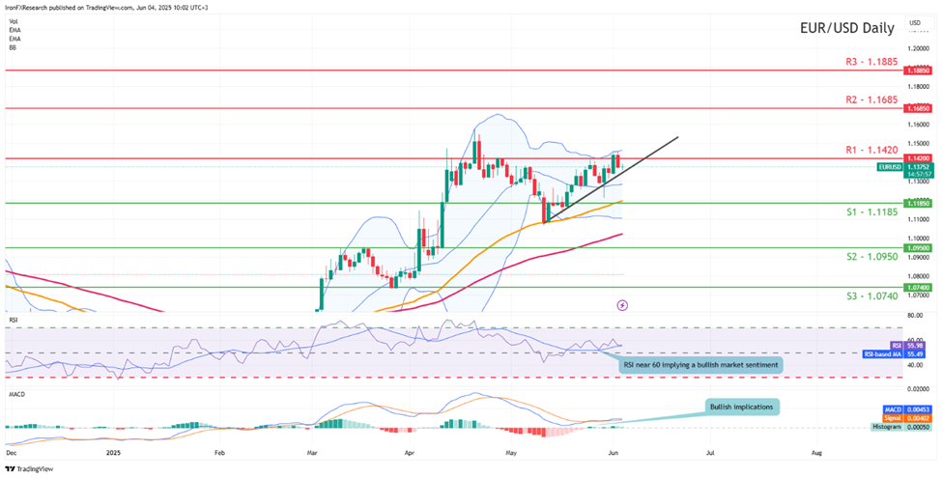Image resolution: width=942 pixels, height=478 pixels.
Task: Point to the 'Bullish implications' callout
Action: (x=740, y=407)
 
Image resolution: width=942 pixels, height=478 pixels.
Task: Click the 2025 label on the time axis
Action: (x=114, y=451)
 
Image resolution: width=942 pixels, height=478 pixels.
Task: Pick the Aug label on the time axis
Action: (x=815, y=451)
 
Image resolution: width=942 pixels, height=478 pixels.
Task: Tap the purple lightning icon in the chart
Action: (x=622, y=304)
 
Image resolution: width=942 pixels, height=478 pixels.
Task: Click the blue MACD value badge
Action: (x=894, y=409)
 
